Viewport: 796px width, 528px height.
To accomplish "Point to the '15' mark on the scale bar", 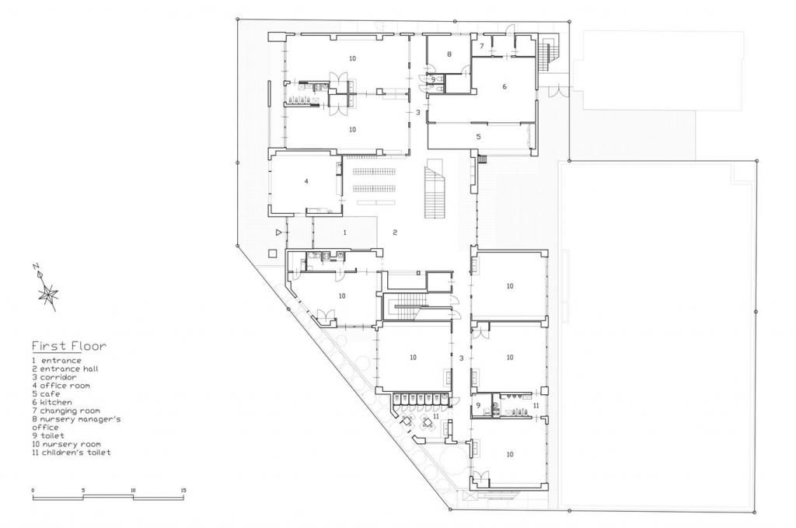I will [183, 490].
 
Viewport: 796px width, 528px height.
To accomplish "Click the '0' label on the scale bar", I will [33, 490].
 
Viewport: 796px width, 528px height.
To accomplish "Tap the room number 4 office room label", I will [306, 180].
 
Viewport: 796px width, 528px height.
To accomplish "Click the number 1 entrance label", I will [344, 232].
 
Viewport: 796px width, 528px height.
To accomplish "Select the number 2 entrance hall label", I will [395, 233].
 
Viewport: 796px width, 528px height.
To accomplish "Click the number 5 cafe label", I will [479, 137].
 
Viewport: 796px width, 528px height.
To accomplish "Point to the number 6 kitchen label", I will [504, 86].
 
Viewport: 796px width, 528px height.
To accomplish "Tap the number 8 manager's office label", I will [449, 54].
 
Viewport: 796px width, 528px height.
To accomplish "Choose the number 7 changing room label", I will [482, 47].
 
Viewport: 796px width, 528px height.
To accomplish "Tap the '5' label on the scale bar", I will [83, 490].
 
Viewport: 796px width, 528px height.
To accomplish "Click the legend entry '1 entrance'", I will [56, 361].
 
